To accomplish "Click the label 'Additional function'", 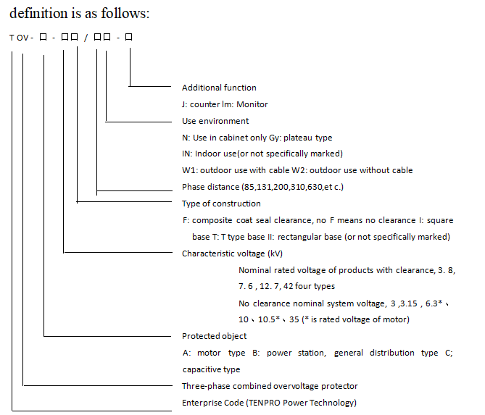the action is click(219, 88).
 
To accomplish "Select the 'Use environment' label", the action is click(215, 121).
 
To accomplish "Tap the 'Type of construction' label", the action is click(221, 204).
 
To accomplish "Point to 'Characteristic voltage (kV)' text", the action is click(232, 253).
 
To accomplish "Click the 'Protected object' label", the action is click(215, 336).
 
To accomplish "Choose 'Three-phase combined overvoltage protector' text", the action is click(270, 386).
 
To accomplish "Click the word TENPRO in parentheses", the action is click(264, 403).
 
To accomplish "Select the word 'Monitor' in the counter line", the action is click(252, 104).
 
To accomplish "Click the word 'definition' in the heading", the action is click(38, 13).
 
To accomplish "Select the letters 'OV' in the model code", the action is click(22, 38).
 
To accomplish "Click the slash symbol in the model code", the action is click(86, 38).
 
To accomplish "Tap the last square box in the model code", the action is click(128, 37).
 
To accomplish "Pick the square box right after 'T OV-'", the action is click(43, 37).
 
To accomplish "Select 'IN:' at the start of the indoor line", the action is click(187, 154).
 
